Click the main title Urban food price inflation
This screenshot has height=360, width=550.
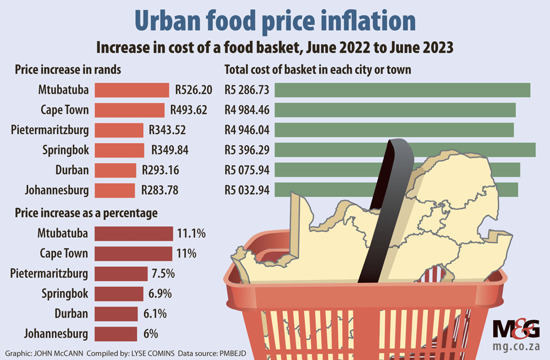tap(275, 20)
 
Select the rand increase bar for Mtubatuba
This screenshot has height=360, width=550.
tap(131, 90)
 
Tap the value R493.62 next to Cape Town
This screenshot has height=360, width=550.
tap(188, 110)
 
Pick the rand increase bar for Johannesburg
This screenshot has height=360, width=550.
tap(114, 190)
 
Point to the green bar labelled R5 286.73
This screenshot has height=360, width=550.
tap(402, 90)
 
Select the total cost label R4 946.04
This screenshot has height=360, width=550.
tap(246, 130)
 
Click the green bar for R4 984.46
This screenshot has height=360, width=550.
tap(395, 110)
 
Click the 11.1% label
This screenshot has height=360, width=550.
tap(191, 234)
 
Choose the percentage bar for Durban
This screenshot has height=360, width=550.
tap(116, 314)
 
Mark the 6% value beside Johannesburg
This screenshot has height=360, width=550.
tap(151, 334)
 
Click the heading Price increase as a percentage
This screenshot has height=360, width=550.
tap(86, 212)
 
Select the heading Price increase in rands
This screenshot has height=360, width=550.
tap(68, 70)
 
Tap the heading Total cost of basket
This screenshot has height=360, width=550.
tap(318, 70)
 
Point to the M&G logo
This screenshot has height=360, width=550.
tap(516, 330)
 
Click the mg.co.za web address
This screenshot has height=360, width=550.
tap(516, 347)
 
